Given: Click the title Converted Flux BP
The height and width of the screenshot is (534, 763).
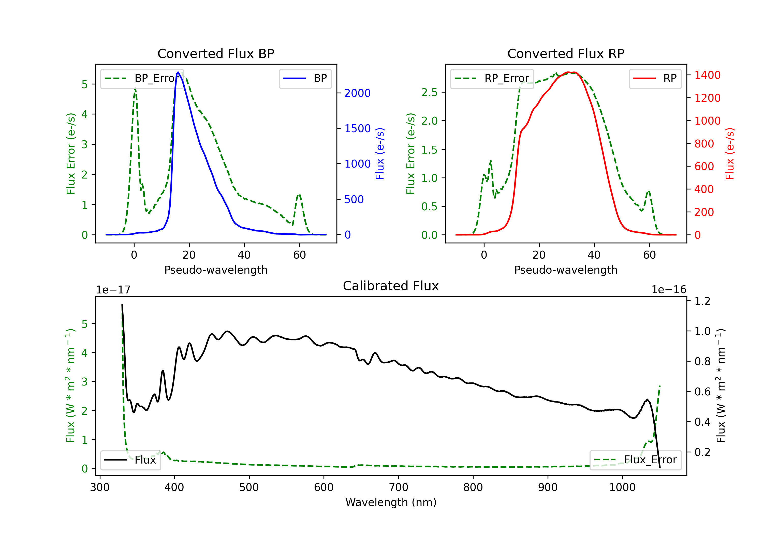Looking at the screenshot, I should [x=216, y=53].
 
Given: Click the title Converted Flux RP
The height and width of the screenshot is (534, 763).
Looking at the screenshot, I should [x=566, y=53].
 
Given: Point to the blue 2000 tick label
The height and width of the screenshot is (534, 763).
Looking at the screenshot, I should [x=357, y=93].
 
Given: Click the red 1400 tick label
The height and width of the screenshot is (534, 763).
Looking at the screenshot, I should [x=708, y=75].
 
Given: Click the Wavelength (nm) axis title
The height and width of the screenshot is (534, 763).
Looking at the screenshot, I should [x=391, y=502].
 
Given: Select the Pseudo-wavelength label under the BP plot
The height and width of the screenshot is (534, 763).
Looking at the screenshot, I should [x=216, y=270].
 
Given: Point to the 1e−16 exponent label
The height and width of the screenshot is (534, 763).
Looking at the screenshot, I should [x=669, y=290].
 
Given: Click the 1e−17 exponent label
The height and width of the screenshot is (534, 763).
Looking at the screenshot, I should [x=113, y=290].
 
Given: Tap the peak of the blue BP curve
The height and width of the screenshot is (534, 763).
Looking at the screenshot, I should [x=178, y=72].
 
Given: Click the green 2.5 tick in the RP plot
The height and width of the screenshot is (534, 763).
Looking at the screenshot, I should [x=429, y=92].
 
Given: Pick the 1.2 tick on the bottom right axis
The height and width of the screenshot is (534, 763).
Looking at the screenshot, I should [x=702, y=301].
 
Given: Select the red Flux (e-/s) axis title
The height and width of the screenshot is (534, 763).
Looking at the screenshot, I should [x=729, y=154].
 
